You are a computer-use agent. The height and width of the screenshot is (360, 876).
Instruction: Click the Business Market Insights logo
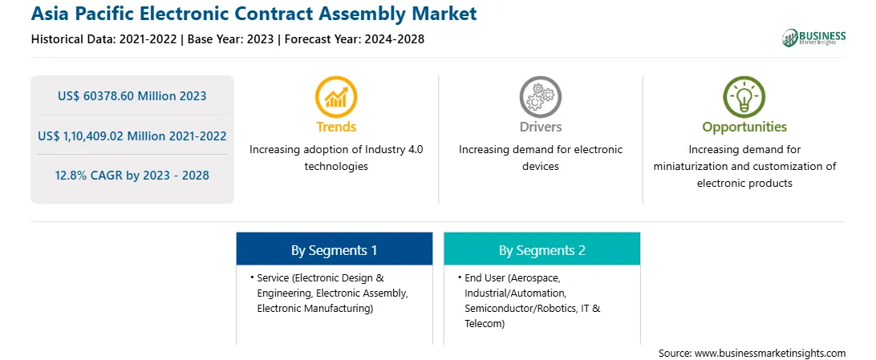point(813,38)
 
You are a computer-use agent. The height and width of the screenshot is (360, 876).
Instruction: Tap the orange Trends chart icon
point(336,96)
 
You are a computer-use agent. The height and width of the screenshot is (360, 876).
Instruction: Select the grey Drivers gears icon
point(540,96)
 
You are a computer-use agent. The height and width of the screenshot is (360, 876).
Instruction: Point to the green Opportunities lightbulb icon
point(744,96)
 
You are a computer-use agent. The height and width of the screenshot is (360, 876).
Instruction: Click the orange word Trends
point(336,127)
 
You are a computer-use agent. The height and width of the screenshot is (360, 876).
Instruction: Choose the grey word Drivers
point(541,127)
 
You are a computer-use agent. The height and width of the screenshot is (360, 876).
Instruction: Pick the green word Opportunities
point(744,127)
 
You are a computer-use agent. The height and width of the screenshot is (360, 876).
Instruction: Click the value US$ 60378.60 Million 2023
point(132,96)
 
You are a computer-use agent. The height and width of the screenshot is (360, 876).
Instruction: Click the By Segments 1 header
point(334,251)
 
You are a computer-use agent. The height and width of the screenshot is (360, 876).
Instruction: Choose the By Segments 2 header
point(542,251)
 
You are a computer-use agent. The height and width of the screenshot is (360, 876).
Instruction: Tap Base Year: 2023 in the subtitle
point(231,39)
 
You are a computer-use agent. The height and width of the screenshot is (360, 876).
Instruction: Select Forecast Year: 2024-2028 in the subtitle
point(353,39)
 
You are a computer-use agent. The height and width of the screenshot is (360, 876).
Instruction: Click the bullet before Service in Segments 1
point(252,277)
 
